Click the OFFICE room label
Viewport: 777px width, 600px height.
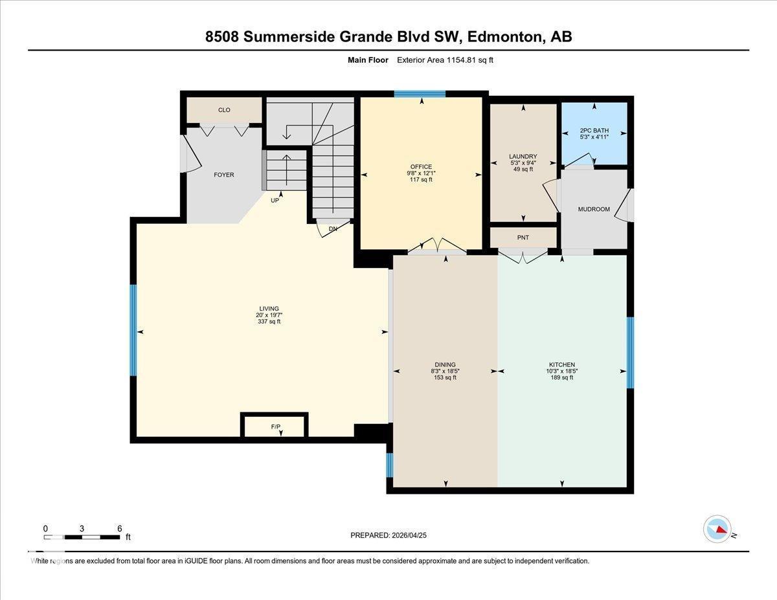(420, 167)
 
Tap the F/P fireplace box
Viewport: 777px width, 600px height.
(275, 427)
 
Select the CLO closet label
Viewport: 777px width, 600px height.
(224, 110)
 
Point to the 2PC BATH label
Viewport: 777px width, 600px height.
(594, 130)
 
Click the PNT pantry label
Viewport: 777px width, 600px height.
(523, 238)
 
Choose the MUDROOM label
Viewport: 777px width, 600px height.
(594, 209)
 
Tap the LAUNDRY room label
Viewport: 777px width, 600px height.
(523, 157)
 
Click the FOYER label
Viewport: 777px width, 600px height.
(224, 175)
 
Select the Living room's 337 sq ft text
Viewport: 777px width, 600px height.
(269, 322)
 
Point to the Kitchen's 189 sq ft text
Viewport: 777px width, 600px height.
(561, 377)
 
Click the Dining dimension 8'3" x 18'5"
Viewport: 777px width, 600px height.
(445, 371)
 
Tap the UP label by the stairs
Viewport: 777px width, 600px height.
(275, 201)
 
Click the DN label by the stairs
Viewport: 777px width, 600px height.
(333, 229)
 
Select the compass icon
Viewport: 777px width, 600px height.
(717, 529)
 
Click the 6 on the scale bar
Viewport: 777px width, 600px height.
(119, 528)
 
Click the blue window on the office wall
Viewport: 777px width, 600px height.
(420, 94)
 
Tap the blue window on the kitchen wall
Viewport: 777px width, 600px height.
(630, 352)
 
